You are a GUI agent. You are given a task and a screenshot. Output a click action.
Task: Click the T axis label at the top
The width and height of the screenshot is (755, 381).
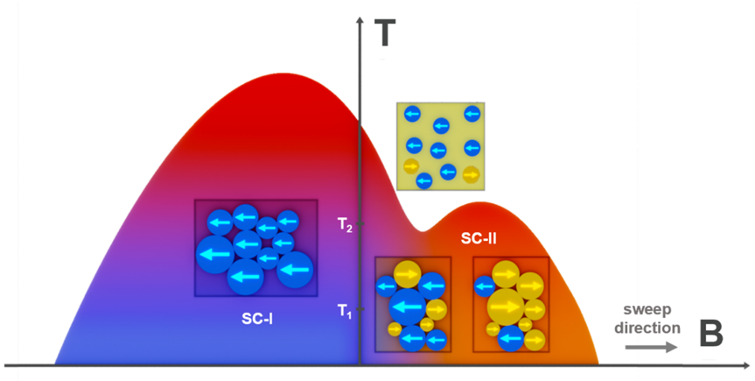pyautogui.click(x=385, y=34)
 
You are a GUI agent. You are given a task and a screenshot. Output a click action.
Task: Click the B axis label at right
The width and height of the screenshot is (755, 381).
pyautogui.click(x=710, y=334)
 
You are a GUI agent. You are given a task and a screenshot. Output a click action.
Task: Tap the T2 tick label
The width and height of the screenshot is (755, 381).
pyautogui.click(x=345, y=224)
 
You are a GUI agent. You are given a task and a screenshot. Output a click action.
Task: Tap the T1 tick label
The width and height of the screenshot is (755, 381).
pyautogui.click(x=345, y=311)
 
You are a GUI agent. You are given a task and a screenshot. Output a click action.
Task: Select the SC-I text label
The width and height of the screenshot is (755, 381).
pyautogui.click(x=257, y=319)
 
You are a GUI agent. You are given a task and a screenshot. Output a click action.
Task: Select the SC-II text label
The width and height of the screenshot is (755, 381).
pyautogui.click(x=479, y=237)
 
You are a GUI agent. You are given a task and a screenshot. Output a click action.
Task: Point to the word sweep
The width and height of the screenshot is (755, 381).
pyautogui.click(x=647, y=310)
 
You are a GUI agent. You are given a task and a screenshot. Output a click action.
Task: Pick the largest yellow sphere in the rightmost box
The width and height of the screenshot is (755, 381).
pyautogui.click(x=506, y=307)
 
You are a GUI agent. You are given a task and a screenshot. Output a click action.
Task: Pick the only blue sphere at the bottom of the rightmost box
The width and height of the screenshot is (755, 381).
pyautogui.click(x=510, y=338)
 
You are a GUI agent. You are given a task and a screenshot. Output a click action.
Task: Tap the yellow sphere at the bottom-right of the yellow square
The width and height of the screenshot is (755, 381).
pyautogui.click(x=472, y=174)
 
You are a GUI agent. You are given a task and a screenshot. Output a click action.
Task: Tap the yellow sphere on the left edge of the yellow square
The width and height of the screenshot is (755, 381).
pyautogui.click(x=410, y=166)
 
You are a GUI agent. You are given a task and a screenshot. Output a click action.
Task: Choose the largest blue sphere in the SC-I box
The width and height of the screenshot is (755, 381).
pyautogui.click(x=214, y=254)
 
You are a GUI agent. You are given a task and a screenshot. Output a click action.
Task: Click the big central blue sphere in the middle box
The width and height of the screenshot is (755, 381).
pyautogui.click(x=408, y=307)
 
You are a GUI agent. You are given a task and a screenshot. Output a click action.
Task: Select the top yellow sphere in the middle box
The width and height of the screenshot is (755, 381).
pyautogui.click(x=408, y=274)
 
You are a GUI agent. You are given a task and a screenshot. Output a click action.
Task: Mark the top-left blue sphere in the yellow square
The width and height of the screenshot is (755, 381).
pyautogui.click(x=412, y=114)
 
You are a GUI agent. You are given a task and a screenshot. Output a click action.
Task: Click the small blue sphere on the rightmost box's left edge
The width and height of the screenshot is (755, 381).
pyautogui.click(x=485, y=286)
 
